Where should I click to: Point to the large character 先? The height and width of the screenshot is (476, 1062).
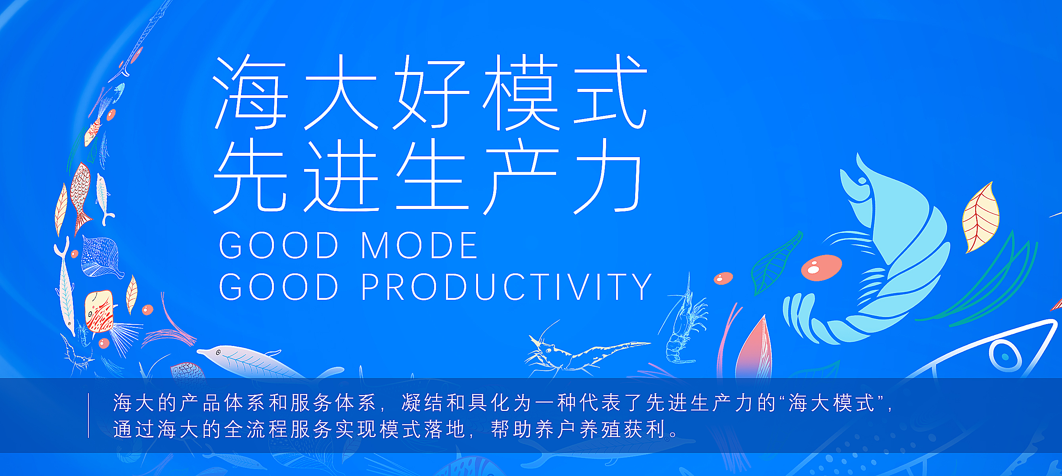click(250, 176)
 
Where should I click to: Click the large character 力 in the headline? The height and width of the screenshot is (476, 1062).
click(608, 176)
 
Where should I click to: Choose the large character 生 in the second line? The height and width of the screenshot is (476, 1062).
click(431, 176)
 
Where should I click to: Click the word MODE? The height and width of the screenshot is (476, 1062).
click(419, 245)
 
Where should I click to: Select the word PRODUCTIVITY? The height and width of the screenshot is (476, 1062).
click(506, 287)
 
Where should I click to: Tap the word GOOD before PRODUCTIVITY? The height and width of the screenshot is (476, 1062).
click(279, 287)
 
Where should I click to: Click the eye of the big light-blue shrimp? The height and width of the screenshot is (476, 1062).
click(861, 180)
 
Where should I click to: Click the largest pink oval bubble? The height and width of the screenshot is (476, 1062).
click(821, 268)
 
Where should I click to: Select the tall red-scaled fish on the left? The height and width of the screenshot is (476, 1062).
click(81, 197)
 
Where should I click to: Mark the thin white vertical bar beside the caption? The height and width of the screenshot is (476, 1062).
click(88, 415)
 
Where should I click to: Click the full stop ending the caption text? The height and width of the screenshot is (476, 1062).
click(674, 434)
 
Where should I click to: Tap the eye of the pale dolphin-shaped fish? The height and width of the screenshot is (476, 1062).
click(218, 352)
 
